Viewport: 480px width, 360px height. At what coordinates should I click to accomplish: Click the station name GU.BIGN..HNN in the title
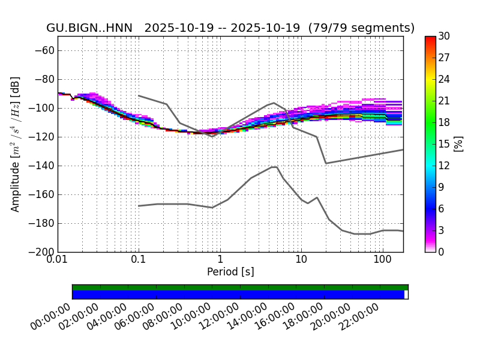click(x=89, y=28)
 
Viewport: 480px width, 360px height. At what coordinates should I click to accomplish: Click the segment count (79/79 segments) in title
click(x=362, y=28)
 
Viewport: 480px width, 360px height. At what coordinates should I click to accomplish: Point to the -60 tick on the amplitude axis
click(x=44, y=50)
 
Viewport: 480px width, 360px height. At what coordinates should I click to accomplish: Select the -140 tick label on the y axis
click(x=41, y=166)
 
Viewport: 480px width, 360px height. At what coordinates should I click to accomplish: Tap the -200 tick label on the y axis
click(x=41, y=252)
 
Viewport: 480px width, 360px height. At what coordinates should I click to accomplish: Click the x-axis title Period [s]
click(x=230, y=272)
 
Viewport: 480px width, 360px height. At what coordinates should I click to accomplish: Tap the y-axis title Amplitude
click(x=16, y=144)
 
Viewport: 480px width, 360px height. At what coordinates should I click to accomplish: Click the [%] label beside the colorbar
click(x=459, y=144)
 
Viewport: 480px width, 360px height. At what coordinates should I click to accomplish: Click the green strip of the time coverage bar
click(x=240, y=287)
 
